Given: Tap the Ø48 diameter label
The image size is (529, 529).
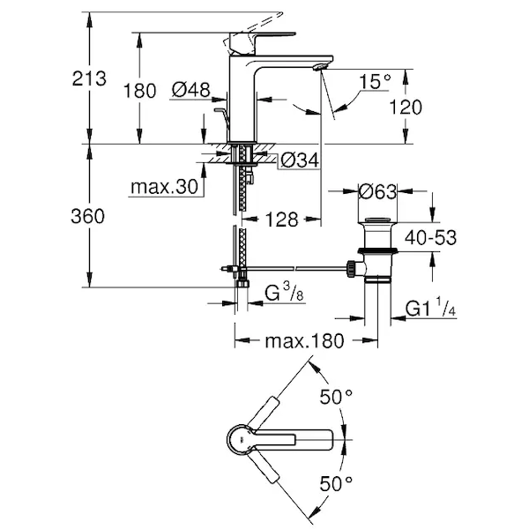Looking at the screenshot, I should [x=190, y=89].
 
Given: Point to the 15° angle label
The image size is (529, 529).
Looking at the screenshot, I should [x=376, y=81].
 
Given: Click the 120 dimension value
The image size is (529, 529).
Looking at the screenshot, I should [x=405, y=108].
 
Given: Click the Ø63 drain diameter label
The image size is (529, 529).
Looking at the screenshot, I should [x=378, y=190].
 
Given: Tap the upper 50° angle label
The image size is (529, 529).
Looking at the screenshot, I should [x=335, y=398].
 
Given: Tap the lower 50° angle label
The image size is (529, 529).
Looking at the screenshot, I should [x=335, y=484].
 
